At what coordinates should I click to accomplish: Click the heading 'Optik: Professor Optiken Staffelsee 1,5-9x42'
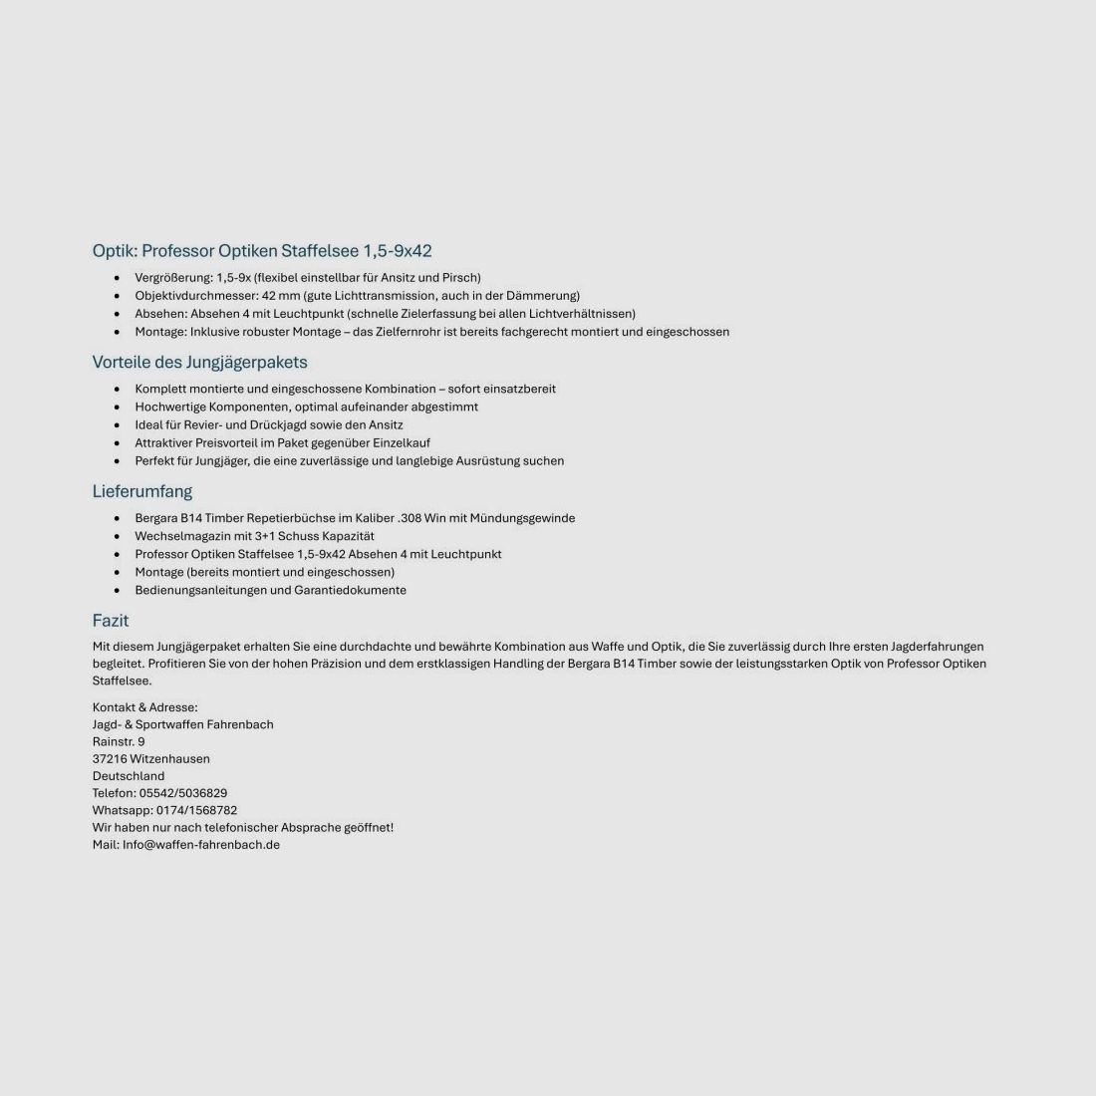click(x=262, y=251)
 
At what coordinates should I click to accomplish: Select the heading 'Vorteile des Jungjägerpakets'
click(x=199, y=362)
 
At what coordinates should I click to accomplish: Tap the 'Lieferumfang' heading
click(x=142, y=491)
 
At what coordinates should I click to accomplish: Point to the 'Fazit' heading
click(x=111, y=621)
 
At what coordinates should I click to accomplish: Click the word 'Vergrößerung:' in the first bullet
click(x=173, y=278)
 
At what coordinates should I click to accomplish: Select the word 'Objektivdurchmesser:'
click(x=196, y=296)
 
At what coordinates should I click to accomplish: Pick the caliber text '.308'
click(x=409, y=518)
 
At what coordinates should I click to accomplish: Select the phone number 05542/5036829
click(x=183, y=793)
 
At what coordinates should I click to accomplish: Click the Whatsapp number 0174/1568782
click(x=196, y=810)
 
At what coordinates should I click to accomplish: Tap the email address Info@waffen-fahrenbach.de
click(x=201, y=845)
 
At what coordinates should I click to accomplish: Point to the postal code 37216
click(x=110, y=759)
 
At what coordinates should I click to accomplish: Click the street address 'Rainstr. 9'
click(x=119, y=742)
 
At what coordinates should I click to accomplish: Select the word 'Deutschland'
click(x=129, y=776)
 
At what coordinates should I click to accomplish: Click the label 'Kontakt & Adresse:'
click(x=145, y=707)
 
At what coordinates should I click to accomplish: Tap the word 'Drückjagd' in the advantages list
click(x=276, y=424)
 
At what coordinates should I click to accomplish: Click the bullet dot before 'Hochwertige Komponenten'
click(x=118, y=407)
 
